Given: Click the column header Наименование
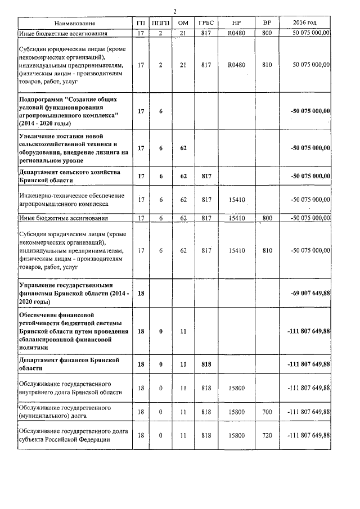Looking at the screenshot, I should (75, 23).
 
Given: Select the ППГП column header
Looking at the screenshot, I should (160, 23).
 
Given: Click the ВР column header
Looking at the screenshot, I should (267, 23).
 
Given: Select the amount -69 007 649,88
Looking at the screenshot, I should (308, 294).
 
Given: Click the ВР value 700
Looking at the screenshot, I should (267, 412).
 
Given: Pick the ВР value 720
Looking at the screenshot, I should (267, 435).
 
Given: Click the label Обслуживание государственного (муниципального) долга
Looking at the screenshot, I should (67, 411).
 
